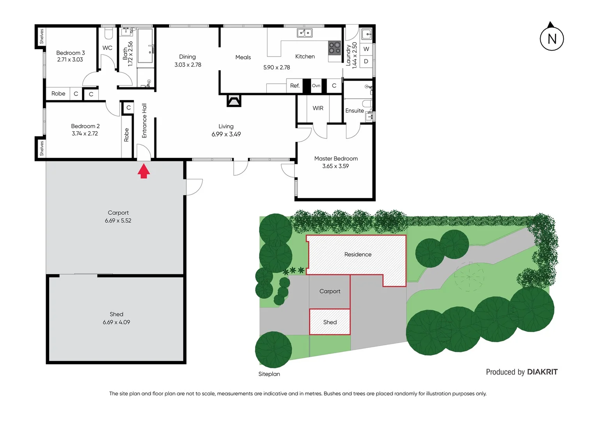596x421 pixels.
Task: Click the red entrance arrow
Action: (x=144, y=171)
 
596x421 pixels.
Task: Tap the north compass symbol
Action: (x=552, y=38)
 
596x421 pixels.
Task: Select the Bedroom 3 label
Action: (x=70, y=53)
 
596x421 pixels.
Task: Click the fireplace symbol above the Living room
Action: (x=234, y=101)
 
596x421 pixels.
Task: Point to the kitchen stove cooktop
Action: (x=334, y=48)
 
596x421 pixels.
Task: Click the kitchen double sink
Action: (x=305, y=33)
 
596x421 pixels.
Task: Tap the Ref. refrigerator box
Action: (x=295, y=86)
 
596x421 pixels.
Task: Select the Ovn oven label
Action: (x=316, y=86)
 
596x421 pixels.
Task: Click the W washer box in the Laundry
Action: (x=366, y=49)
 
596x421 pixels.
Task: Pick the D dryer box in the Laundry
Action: (x=366, y=61)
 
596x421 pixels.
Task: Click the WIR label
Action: (x=318, y=108)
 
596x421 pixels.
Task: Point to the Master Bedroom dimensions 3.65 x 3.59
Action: (x=335, y=166)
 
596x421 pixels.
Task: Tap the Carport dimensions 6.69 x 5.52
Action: (x=118, y=221)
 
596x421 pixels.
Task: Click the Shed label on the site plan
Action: (x=330, y=322)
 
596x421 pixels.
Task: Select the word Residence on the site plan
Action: (x=358, y=255)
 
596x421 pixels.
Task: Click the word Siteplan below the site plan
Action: (x=269, y=374)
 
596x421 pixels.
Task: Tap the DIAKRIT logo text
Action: (x=542, y=372)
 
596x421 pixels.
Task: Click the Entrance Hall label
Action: (x=144, y=121)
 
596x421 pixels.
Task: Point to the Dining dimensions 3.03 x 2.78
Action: (x=188, y=65)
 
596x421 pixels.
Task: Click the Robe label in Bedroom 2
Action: (x=126, y=135)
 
